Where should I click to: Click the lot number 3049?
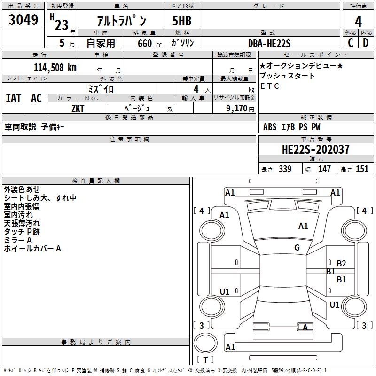(x=23, y=19)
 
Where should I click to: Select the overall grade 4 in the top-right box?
(x=358, y=22)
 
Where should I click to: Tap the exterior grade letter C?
(x=351, y=43)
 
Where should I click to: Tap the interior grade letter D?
(x=366, y=43)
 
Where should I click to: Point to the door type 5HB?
(x=182, y=21)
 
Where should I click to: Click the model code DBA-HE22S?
(x=269, y=43)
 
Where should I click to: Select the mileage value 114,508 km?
(x=55, y=68)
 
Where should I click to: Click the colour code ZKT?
(x=78, y=109)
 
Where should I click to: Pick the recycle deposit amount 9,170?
(x=237, y=109)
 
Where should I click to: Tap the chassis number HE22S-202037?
(x=315, y=149)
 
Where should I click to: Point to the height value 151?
(x=362, y=169)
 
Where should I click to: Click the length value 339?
(x=285, y=169)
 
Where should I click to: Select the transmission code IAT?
(x=14, y=98)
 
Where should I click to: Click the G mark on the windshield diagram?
(x=297, y=248)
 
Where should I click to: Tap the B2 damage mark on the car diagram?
(x=341, y=264)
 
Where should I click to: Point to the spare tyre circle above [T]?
(x=205, y=344)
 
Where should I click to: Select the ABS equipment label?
(x=270, y=127)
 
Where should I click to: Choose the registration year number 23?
(x=62, y=25)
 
